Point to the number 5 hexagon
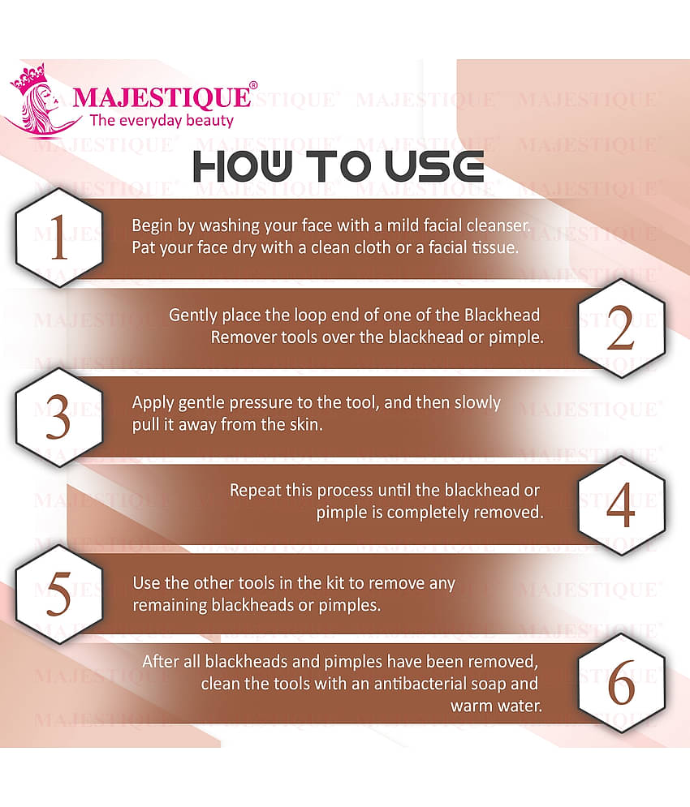(x=58, y=596)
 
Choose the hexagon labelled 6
(x=621, y=685)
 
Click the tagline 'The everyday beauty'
(x=162, y=121)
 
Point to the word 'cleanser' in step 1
(x=498, y=225)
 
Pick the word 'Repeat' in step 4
(x=256, y=491)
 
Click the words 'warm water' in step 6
(x=496, y=706)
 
